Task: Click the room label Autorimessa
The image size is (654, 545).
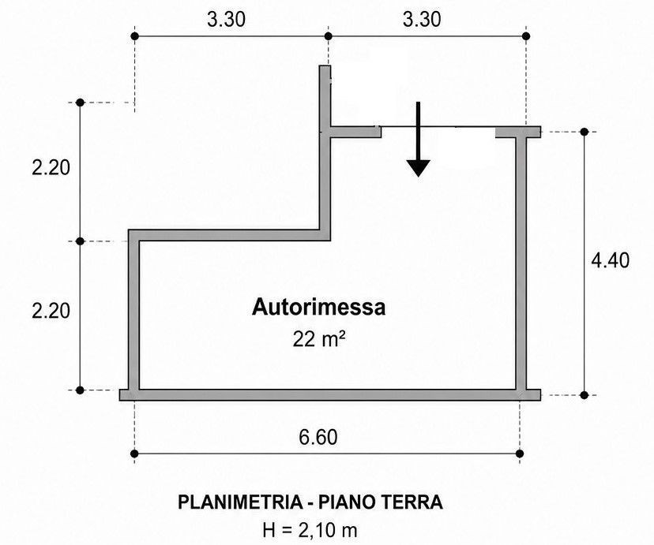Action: click(x=318, y=308)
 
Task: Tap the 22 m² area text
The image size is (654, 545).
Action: click(x=318, y=339)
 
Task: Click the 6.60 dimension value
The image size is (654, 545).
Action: click(x=318, y=437)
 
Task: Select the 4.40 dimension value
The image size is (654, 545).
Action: click(x=611, y=260)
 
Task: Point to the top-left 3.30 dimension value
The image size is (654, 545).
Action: click(x=227, y=20)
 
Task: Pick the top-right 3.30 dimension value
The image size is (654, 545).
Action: click(x=422, y=20)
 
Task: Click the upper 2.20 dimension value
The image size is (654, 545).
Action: click(x=51, y=168)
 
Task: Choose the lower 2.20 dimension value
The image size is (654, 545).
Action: click(x=51, y=311)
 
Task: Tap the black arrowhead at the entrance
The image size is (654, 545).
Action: click(x=419, y=168)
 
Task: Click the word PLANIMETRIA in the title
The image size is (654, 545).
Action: click(x=240, y=502)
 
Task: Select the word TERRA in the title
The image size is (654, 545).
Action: click(x=412, y=502)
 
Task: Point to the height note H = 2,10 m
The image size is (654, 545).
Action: click(x=310, y=530)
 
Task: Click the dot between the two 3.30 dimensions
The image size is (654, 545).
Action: click(x=329, y=36)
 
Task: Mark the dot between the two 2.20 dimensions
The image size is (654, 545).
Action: click(x=81, y=241)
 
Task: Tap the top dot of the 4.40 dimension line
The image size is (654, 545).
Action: click(x=584, y=132)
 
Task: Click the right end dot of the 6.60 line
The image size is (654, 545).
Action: click(x=520, y=454)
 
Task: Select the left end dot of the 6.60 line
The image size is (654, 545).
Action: click(x=134, y=454)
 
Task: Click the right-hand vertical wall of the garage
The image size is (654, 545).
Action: click(x=521, y=263)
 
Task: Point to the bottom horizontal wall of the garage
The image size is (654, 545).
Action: click(x=330, y=395)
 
